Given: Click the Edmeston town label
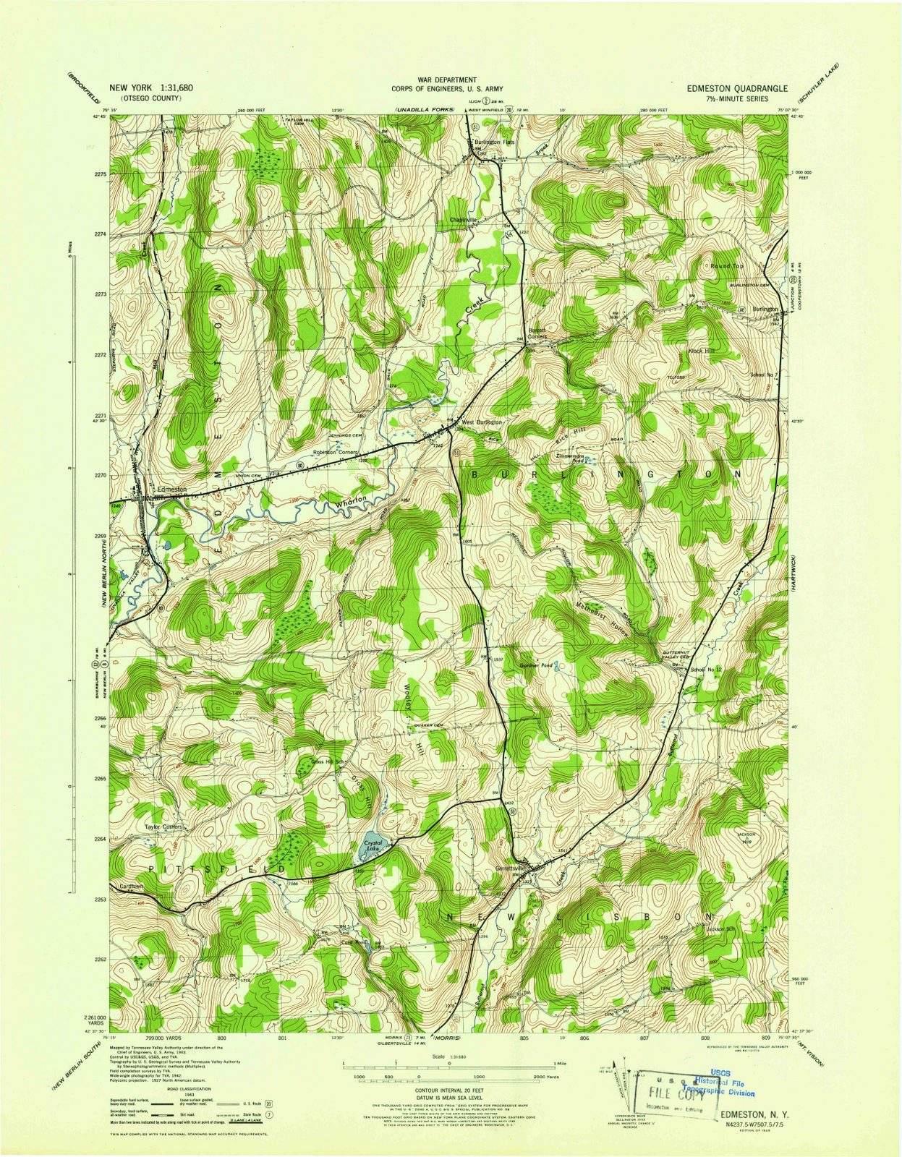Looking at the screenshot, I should (168, 490).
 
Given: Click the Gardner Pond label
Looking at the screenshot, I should (537, 665).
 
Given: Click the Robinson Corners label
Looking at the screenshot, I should (336, 453).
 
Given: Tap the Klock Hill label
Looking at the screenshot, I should (700, 351).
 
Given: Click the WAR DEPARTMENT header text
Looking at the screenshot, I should (447, 80).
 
